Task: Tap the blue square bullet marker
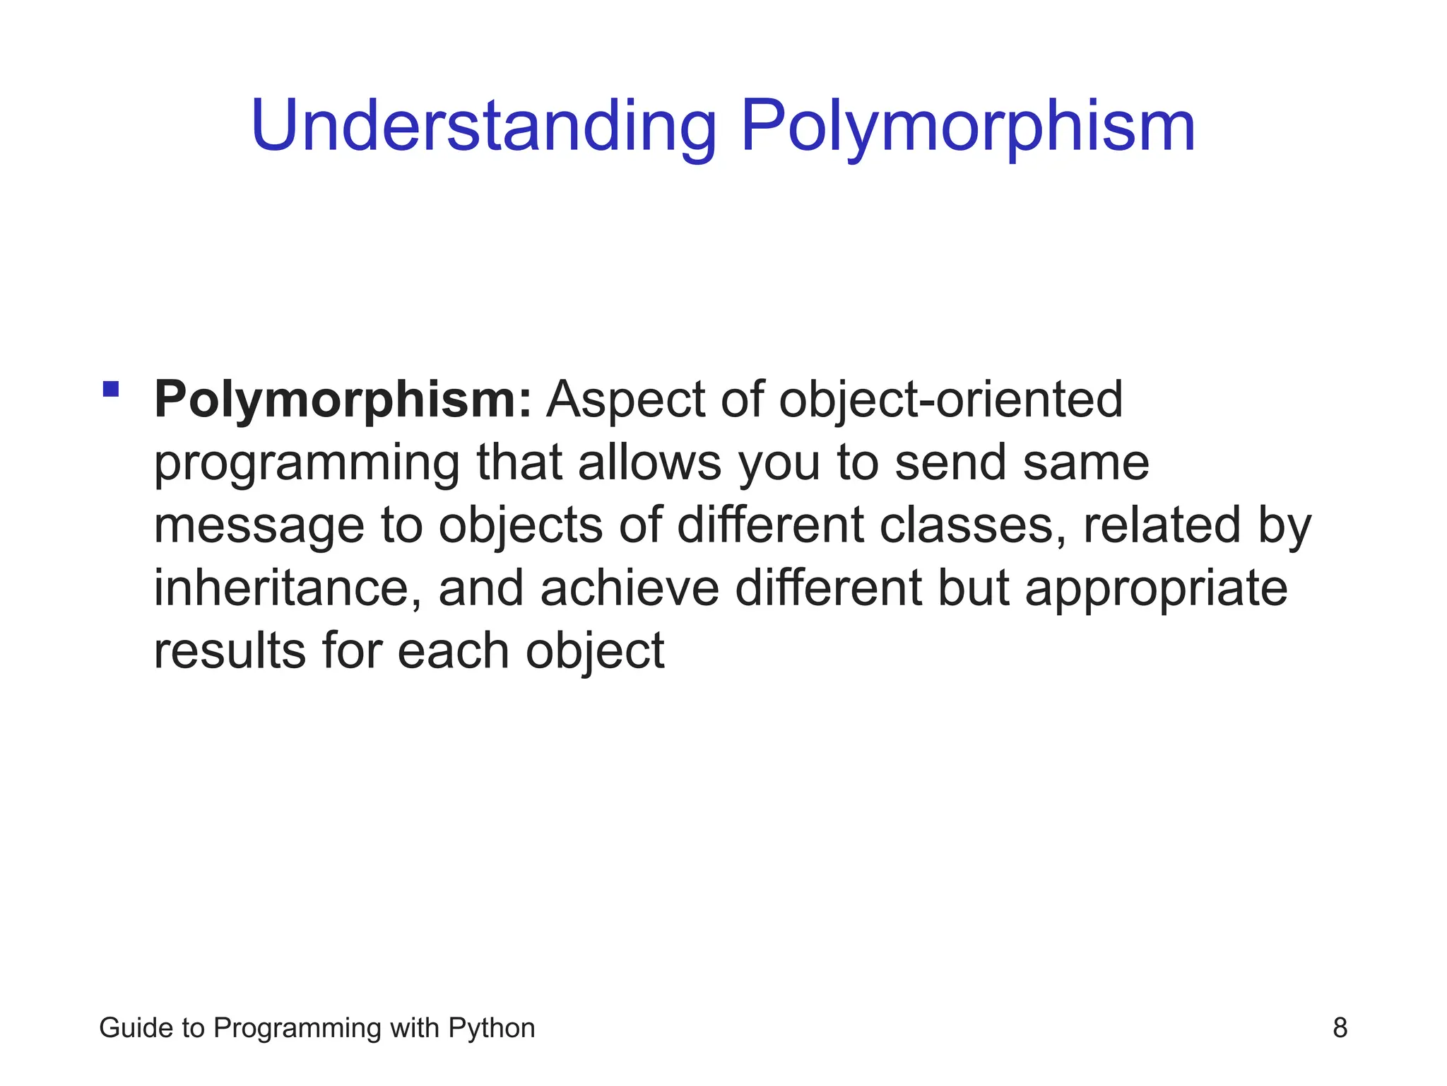click(111, 389)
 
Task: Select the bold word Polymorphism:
click(343, 400)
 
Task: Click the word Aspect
click(625, 400)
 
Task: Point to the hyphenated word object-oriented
click(950, 400)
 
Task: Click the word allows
click(649, 463)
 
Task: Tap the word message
click(259, 526)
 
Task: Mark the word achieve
click(630, 588)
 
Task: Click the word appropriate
click(1156, 588)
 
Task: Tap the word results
click(229, 651)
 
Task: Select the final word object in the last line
click(594, 651)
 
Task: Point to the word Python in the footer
click(492, 1028)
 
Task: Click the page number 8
click(1340, 1028)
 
